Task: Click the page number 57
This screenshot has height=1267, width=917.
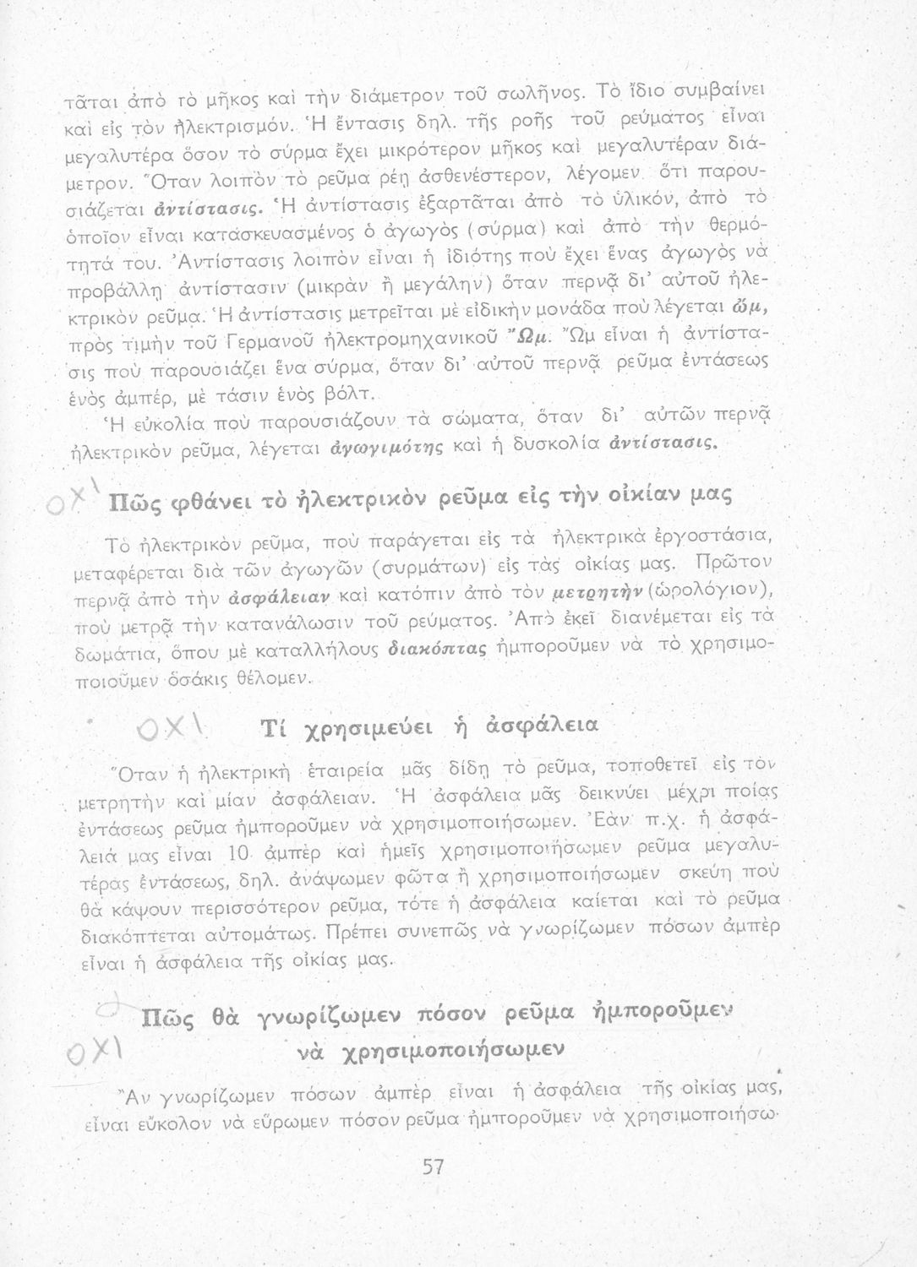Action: coord(434,1167)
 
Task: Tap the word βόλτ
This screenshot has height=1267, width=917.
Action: coord(350,391)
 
